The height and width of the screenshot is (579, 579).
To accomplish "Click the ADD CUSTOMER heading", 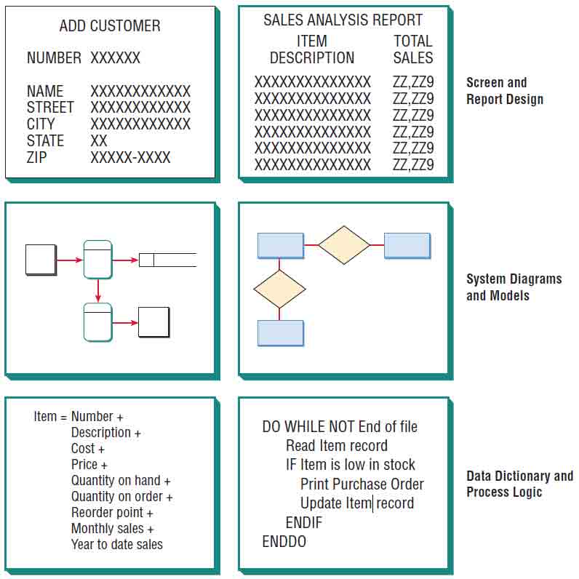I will pyautogui.click(x=110, y=26).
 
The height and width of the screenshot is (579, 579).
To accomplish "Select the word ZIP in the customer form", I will pyautogui.click(x=37, y=157).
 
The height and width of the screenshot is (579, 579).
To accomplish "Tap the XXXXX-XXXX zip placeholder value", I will pyautogui.click(x=130, y=157).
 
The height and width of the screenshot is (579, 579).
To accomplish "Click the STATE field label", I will pyautogui.click(x=45, y=140).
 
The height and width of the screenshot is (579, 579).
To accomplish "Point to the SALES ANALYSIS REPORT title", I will pyautogui.click(x=343, y=20).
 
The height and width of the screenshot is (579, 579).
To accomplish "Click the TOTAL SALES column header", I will pyautogui.click(x=412, y=49).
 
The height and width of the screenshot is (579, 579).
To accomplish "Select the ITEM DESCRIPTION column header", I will pyautogui.click(x=312, y=49).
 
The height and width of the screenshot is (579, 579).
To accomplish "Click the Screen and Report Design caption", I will pyautogui.click(x=504, y=91).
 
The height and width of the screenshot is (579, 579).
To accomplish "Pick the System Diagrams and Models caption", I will pyautogui.click(x=514, y=287).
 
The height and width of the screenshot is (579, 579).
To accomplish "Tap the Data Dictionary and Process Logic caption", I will pyautogui.click(x=519, y=484).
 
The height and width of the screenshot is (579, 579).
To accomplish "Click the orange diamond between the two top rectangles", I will pyautogui.click(x=344, y=245).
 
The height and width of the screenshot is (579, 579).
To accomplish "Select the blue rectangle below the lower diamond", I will pyautogui.click(x=281, y=333).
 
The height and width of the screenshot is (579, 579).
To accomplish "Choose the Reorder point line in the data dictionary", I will pyautogui.click(x=112, y=513).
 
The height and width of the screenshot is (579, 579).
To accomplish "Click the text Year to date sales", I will pyautogui.click(x=116, y=545).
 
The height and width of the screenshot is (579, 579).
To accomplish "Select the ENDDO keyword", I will pyautogui.click(x=284, y=542).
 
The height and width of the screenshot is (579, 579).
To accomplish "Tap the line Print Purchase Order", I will pyautogui.click(x=362, y=484).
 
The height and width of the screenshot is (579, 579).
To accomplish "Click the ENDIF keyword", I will pyautogui.click(x=303, y=523).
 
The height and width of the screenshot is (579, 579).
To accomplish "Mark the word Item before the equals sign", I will pyautogui.click(x=44, y=417).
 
